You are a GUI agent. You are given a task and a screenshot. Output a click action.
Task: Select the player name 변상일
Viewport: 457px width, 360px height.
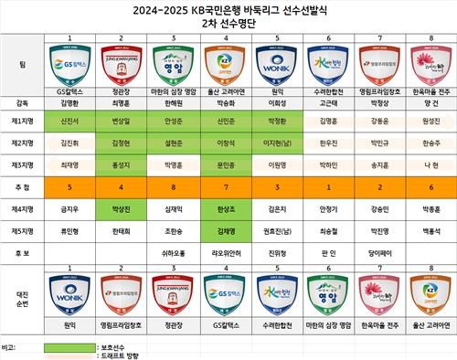click(121, 121)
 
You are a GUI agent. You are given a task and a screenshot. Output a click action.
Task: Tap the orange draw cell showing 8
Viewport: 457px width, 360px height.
click(173, 186)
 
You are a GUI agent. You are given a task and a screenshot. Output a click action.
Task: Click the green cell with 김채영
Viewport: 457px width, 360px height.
click(224, 230)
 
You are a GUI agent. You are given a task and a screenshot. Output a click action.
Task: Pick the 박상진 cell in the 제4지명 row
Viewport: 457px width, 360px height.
click(121, 208)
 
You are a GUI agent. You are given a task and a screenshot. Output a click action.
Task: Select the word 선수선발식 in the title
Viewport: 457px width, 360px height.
click(302, 11)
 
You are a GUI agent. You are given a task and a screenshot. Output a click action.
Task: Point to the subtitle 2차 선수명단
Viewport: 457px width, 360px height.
click(228, 26)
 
